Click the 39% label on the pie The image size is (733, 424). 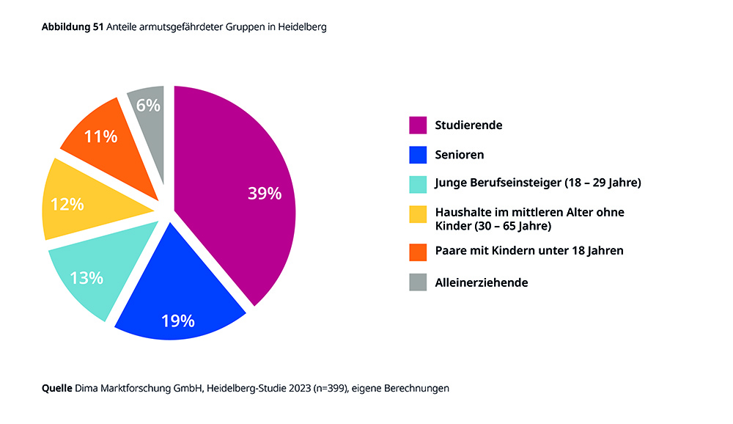coord(264,194)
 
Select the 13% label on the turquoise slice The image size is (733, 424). coord(86,278)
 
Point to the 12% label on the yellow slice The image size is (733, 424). coord(67,205)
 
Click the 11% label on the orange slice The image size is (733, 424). coord(100,136)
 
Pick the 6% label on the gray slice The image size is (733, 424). coord(148,106)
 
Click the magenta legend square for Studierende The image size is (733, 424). coord(418,125)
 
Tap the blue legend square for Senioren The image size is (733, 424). coord(418,155)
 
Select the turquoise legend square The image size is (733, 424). coord(418,183)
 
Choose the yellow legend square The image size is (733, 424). coord(418,213)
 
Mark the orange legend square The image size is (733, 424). coord(418,251)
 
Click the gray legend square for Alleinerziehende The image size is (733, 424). coord(418,282)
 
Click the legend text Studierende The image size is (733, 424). coord(468,125)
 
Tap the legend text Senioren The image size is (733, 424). coord(460,155)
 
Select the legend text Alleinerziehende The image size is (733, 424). coord(481,282)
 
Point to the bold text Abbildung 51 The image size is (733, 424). coord(73,27)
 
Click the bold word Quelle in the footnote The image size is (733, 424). coord(56,388)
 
